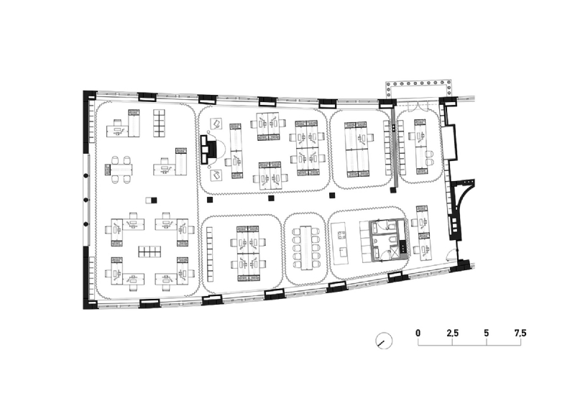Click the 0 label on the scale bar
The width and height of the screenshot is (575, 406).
(418, 333)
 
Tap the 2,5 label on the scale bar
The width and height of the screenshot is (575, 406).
(453, 333)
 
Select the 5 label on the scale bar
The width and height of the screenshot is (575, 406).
(487, 333)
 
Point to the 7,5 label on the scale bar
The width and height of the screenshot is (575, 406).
(520, 333)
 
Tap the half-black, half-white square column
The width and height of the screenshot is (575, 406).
(150, 199)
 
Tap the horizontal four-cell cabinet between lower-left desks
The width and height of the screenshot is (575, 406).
(149, 252)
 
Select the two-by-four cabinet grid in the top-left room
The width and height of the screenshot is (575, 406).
(160, 123)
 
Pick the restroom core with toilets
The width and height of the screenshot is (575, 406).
(388, 241)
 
